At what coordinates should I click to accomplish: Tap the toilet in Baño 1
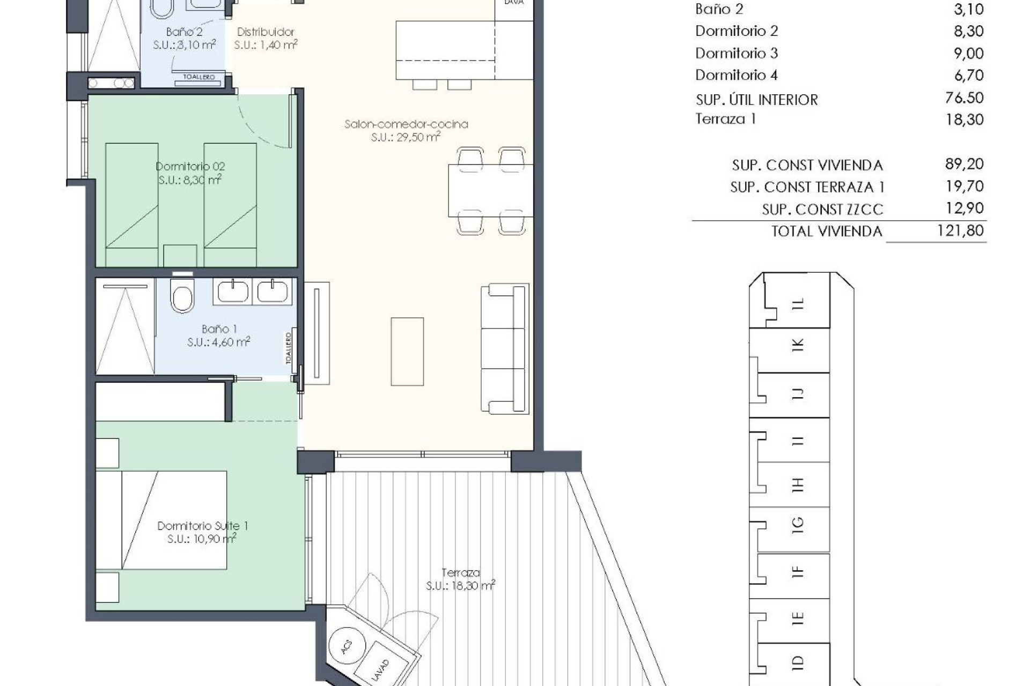pos(182,296)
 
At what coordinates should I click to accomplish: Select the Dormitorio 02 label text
pos(190,167)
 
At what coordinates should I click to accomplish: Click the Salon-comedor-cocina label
pos(406,124)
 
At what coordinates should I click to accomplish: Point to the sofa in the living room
pos(504,348)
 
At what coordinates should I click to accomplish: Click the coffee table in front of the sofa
pos(407,352)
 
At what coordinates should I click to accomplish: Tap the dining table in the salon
pos(490,190)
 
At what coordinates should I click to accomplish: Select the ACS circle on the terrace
pos(347,647)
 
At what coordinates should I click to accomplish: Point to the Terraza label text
pos(460,572)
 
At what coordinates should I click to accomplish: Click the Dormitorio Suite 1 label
pos(203,526)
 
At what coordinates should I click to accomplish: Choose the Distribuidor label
pos(266,32)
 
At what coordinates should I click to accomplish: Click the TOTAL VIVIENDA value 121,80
pos(960,231)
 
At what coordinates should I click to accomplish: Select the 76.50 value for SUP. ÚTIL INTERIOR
pos(964,98)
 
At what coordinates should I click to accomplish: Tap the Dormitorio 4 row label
pos(736,75)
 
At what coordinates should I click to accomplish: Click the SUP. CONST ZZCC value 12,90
pos(964,208)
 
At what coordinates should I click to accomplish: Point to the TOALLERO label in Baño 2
pos(198,77)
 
